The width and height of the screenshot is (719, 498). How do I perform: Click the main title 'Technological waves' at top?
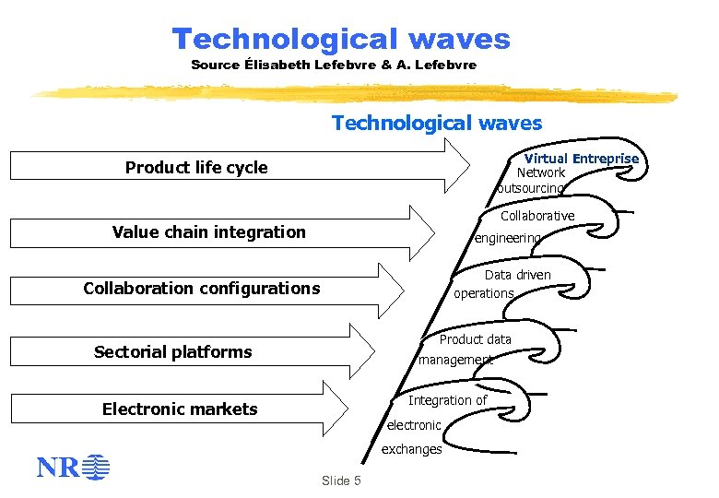[x=340, y=39]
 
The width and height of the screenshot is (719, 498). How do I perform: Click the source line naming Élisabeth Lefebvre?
[x=334, y=65]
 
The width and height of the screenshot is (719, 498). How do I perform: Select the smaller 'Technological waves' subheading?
[x=437, y=123]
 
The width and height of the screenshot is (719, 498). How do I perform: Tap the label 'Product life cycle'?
[x=196, y=167]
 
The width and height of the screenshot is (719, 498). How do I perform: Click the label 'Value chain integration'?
[x=208, y=231]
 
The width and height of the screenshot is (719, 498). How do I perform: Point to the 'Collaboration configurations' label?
[x=201, y=288]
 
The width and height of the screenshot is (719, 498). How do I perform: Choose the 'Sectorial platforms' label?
[x=172, y=351]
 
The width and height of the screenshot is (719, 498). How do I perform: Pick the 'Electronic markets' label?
[x=180, y=409]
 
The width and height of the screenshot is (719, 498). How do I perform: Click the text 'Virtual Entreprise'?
[x=581, y=159]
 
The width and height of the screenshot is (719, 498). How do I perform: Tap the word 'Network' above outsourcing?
[x=541, y=172]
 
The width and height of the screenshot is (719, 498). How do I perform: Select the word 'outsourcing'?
[x=529, y=188]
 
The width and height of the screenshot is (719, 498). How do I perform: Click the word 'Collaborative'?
[x=536, y=216]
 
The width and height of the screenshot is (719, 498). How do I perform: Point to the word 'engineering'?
[x=507, y=238]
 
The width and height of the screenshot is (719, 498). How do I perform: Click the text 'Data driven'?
[x=517, y=274]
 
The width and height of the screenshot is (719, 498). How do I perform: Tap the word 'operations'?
[x=483, y=293]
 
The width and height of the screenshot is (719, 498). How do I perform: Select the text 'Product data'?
[x=475, y=339]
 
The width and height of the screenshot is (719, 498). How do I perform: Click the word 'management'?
[x=455, y=360]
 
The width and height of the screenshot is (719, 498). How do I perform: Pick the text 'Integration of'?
[x=447, y=400]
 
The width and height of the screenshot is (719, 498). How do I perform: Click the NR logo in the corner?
[x=73, y=468]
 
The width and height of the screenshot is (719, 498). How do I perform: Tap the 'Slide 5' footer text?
[x=341, y=481]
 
